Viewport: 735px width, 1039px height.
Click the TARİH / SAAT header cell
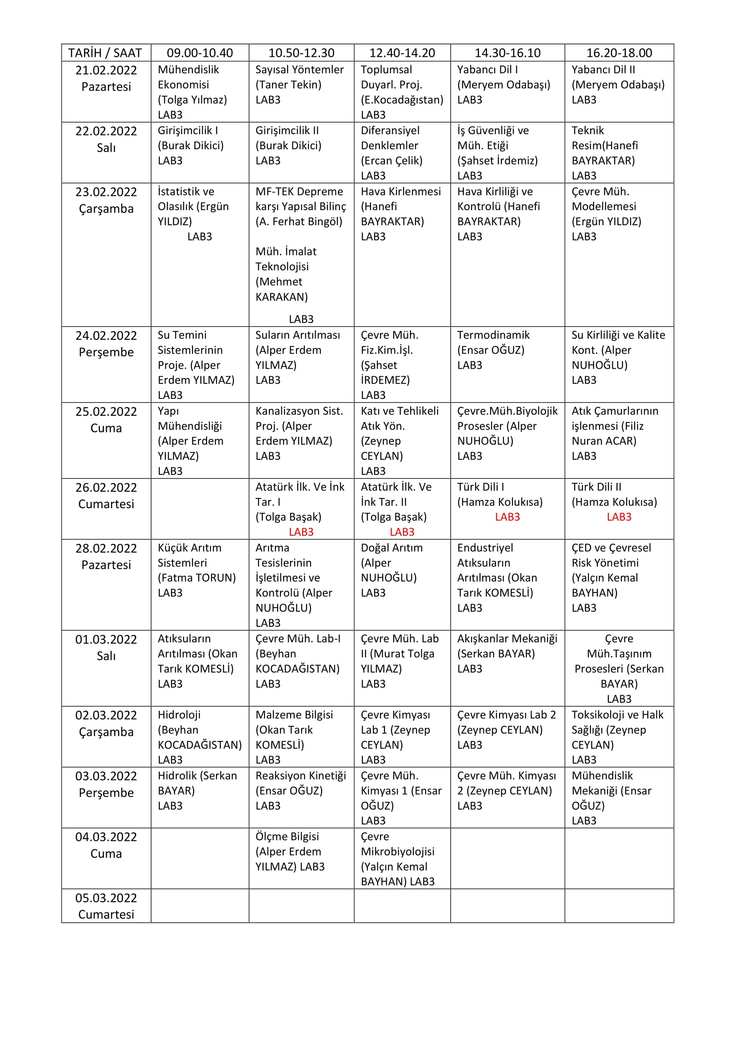coord(105,53)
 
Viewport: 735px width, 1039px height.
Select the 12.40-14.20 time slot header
coord(402,53)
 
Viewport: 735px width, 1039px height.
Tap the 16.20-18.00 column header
coord(619,53)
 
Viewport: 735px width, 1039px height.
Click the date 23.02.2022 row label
coord(106,192)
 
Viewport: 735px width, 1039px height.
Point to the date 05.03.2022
coord(106,898)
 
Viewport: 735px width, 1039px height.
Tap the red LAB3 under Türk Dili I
coord(507,517)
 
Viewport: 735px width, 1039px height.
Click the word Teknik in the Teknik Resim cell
coord(587,130)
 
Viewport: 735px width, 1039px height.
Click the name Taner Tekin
coord(288,85)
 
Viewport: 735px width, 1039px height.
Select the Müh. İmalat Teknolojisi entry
coord(286,274)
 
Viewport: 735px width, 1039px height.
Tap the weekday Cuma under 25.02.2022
coord(106,428)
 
